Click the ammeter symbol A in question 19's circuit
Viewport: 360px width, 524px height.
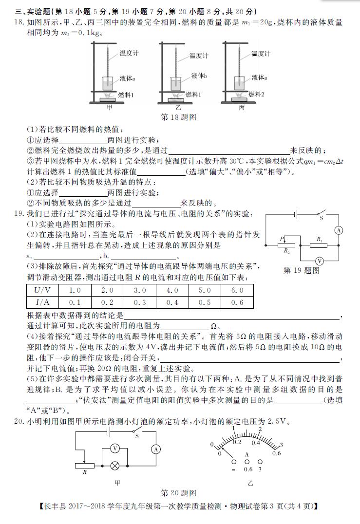(340, 230)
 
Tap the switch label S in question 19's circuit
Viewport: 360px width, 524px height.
(321, 219)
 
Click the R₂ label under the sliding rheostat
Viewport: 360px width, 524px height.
(286, 251)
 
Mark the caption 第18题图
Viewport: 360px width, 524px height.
(178, 117)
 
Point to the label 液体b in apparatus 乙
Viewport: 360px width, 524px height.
(199, 75)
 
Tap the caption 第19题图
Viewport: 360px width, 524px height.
(301, 270)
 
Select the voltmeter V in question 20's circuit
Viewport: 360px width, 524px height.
(114, 448)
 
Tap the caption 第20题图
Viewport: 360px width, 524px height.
(178, 493)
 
